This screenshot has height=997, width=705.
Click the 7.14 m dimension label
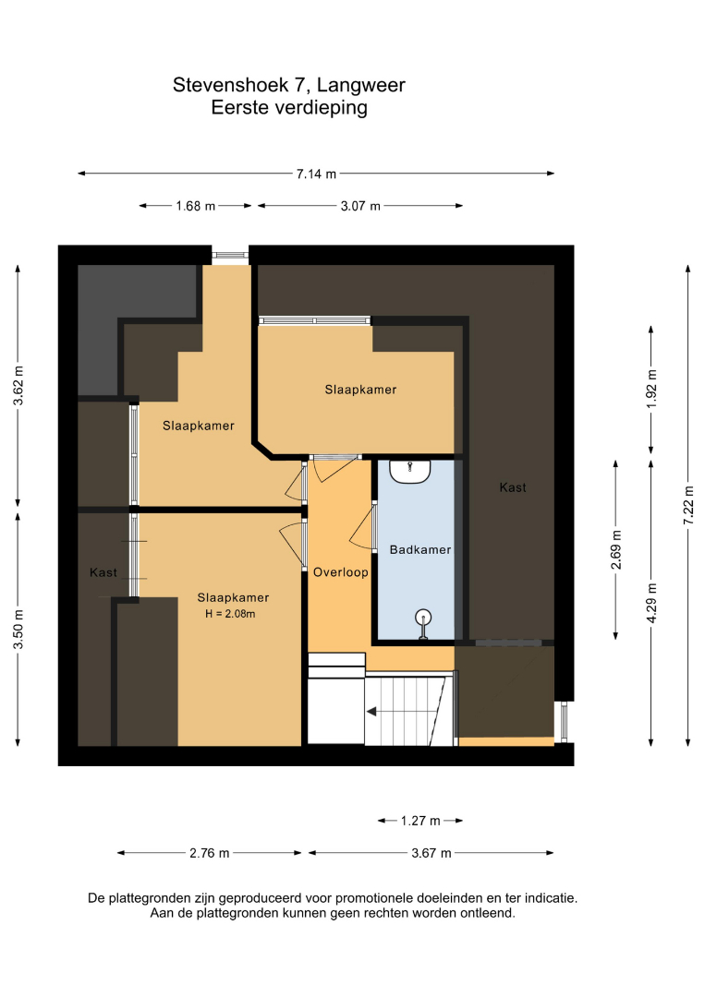(x=316, y=174)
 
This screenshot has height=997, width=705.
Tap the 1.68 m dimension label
(x=196, y=206)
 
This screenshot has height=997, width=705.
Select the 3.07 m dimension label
(x=360, y=206)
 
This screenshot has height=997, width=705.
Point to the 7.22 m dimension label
(x=688, y=506)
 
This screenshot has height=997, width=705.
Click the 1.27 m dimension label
(x=420, y=821)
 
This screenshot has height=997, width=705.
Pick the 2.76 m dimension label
(x=210, y=853)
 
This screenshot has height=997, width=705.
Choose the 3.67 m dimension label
(x=432, y=853)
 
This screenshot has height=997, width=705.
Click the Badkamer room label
(x=420, y=550)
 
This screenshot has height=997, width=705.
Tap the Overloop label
(x=340, y=572)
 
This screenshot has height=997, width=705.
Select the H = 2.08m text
(x=230, y=614)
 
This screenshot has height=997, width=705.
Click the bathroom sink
(x=410, y=472)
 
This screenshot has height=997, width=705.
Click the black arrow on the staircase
(x=371, y=712)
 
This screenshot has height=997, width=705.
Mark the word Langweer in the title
(x=360, y=85)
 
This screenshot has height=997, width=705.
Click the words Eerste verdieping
(x=289, y=107)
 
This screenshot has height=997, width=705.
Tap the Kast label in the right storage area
(x=513, y=487)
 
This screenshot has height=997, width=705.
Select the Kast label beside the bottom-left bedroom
(x=103, y=573)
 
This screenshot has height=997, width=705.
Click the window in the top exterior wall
(x=230, y=255)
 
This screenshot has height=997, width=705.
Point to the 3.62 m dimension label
(x=19, y=386)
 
